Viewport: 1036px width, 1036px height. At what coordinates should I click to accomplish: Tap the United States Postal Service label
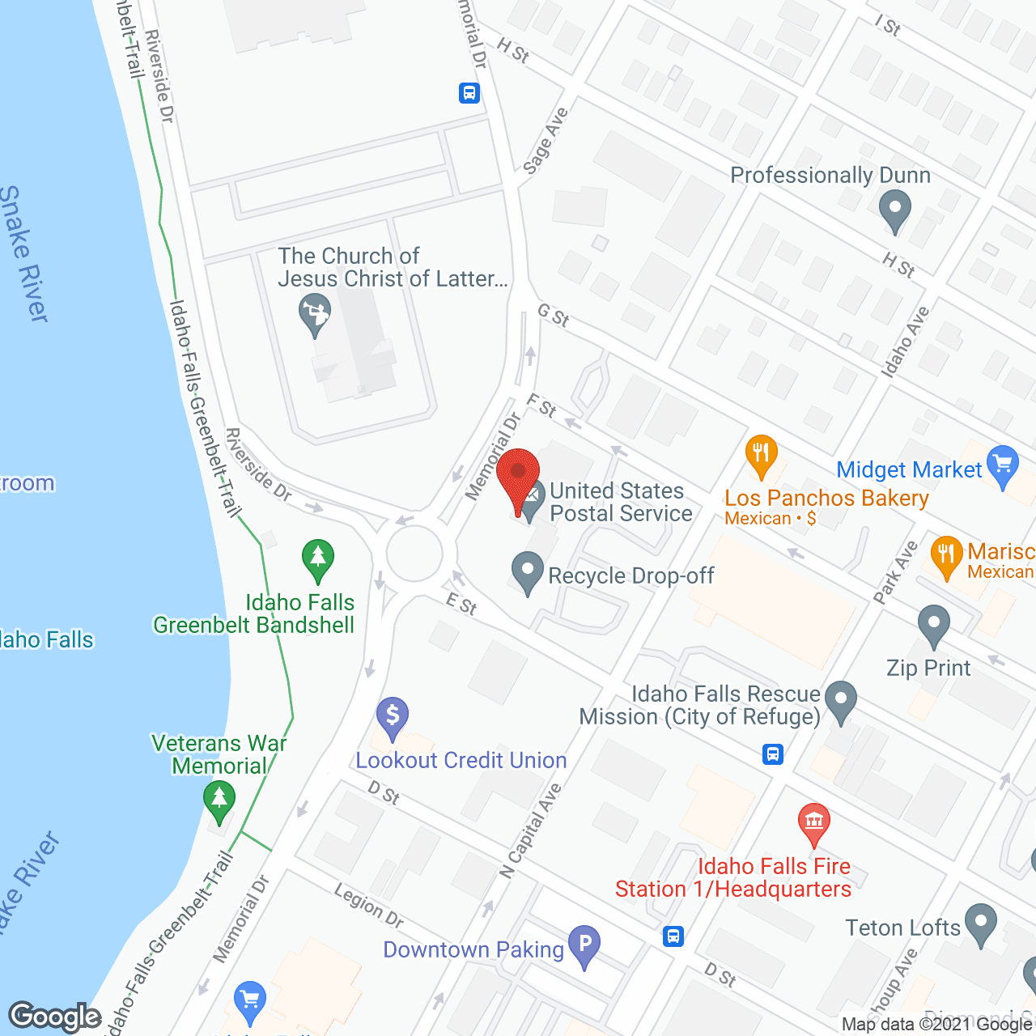coord(621,502)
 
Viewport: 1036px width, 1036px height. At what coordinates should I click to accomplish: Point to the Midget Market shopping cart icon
coord(1004,467)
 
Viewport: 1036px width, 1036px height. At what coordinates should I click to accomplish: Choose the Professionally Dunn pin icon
coord(894,210)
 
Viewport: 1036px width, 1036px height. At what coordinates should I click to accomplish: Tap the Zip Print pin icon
coord(934,626)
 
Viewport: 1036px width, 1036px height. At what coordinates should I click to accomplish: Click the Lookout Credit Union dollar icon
coord(393,717)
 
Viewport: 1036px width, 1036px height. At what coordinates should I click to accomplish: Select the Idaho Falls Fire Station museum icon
coord(814,823)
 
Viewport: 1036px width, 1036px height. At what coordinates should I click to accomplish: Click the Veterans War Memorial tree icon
coord(219,799)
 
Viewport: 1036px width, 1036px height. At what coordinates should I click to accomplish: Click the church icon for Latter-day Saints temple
coord(314,313)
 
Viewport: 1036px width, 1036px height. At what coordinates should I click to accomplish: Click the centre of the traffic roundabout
coord(414,554)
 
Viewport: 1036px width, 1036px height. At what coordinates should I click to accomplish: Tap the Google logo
coord(55,1017)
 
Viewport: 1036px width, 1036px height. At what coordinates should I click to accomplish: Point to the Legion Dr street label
coord(369,906)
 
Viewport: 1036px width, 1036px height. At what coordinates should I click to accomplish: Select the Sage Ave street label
coord(546,141)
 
